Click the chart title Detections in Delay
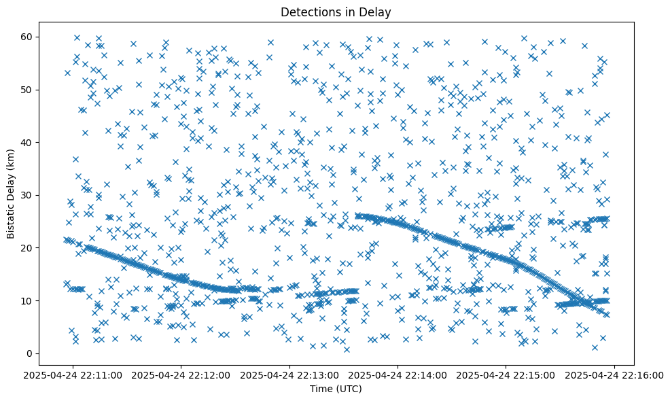click(336, 12)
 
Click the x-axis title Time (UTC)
click(336, 389)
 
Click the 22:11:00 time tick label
click(74, 374)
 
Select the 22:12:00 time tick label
click(182, 374)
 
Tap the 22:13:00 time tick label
click(290, 374)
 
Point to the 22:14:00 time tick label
click(398, 374)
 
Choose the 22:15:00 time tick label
click(506, 374)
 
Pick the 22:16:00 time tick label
click(614, 374)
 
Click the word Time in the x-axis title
click(321, 389)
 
